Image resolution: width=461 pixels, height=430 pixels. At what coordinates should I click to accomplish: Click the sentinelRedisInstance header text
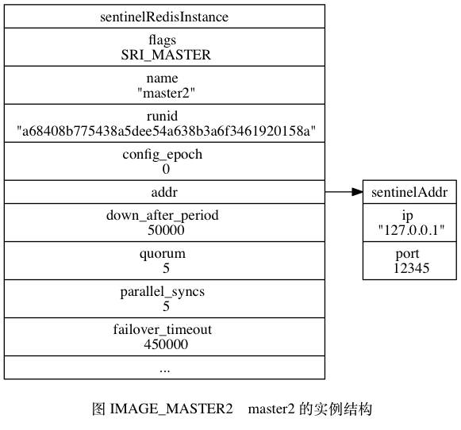(x=164, y=17)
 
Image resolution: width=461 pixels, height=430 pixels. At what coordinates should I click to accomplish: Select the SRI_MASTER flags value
(x=166, y=55)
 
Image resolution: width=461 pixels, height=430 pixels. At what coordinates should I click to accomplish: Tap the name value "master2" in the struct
(x=166, y=93)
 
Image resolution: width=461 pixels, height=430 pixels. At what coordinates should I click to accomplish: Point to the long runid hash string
(x=166, y=131)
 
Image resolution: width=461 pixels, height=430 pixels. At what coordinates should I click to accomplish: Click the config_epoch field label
(x=163, y=154)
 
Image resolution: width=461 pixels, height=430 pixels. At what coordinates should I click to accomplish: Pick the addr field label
(x=164, y=192)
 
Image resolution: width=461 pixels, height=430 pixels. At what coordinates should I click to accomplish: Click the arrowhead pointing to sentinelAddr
(x=357, y=192)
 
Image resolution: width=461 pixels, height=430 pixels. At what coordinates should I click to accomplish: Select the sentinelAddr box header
(x=409, y=192)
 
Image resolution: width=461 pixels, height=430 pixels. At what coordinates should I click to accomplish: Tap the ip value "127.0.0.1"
(x=411, y=230)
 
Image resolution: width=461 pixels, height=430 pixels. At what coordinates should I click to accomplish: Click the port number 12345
(x=411, y=268)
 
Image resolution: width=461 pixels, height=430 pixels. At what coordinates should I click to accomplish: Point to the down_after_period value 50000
(x=166, y=230)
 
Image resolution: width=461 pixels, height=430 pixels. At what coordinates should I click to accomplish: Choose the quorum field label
(x=163, y=254)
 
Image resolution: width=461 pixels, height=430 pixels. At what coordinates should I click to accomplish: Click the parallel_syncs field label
(x=163, y=292)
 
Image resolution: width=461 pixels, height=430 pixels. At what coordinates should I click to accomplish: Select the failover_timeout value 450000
(x=166, y=344)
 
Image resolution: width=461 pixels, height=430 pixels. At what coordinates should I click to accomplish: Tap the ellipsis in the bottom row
(x=165, y=371)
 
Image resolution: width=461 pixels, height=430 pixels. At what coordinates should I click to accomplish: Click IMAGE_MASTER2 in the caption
(x=171, y=409)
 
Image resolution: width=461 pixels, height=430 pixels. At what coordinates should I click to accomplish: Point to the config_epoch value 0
(x=166, y=169)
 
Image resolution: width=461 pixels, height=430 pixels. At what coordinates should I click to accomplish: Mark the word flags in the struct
(x=163, y=40)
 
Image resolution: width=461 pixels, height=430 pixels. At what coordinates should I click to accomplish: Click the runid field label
(x=163, y=116)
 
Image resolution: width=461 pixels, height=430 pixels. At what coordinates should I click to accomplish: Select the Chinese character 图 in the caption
(x=98, y=409)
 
